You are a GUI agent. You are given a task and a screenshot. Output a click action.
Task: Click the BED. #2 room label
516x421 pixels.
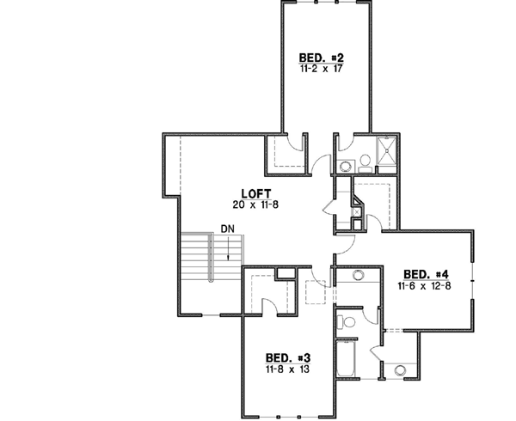(x=322, y=58)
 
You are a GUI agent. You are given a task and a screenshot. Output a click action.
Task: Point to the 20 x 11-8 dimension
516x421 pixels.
(x=250, y=204)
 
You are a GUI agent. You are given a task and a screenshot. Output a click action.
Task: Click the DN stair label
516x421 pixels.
(x=226, y=229)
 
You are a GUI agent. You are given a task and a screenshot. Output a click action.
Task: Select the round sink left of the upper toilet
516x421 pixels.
(x=344, y=165)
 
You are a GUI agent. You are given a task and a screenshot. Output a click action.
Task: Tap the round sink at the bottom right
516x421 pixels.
(x=401, y=371)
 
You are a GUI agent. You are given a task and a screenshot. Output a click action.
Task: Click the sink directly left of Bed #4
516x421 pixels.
(x=358, y=276)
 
